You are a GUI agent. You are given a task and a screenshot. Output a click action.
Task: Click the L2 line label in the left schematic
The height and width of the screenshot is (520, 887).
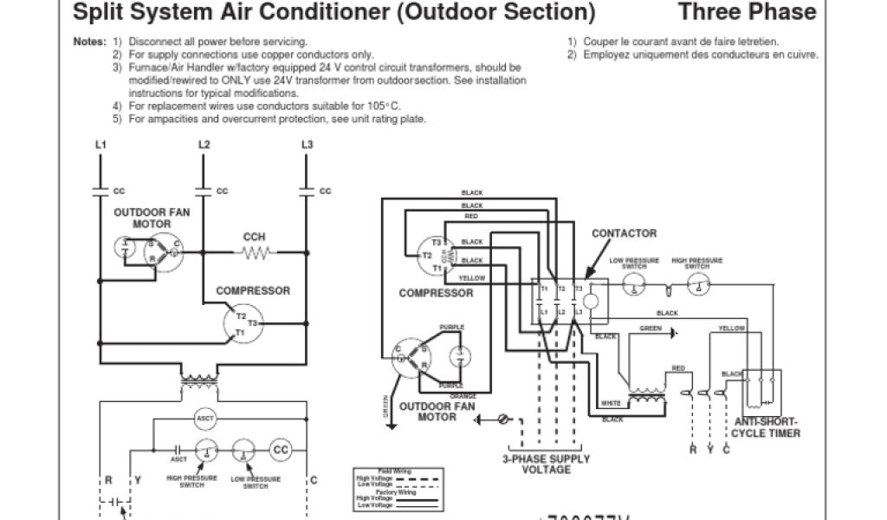[204, 144]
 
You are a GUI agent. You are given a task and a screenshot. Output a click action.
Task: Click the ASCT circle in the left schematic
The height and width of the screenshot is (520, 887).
[205, 418]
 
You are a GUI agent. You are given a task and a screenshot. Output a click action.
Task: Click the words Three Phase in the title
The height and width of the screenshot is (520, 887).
[747, 12]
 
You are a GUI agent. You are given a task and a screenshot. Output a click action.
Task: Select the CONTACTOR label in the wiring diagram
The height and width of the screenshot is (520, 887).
[624, 233]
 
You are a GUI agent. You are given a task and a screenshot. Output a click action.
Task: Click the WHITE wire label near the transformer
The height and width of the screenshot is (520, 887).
[612, 404]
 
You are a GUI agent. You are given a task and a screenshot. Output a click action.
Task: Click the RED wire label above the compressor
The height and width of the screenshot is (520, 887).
[472, 216]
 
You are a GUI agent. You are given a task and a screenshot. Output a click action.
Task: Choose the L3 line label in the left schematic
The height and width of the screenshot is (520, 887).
[307, 144]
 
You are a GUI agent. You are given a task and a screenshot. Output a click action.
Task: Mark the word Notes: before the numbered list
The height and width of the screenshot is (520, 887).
[90, 42]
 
